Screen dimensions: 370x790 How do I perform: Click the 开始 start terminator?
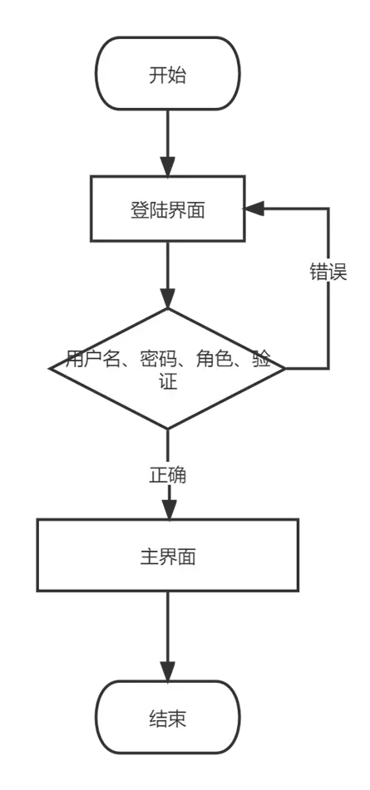168,73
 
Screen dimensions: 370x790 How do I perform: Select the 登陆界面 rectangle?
168,209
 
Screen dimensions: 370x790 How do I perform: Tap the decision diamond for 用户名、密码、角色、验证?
168,368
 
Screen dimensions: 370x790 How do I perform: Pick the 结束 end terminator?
168,718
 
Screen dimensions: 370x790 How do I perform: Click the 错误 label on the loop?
328,272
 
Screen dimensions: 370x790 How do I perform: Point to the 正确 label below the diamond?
168,475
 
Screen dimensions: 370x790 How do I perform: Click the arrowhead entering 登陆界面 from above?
168,166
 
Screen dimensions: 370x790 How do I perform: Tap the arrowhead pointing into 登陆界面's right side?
254,208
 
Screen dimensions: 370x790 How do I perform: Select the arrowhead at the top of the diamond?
168,298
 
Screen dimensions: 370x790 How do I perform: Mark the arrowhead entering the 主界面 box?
168,509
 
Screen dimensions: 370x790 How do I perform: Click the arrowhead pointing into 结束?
168,671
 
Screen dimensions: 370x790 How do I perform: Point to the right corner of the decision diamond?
286,368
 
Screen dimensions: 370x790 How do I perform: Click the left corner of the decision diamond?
49,368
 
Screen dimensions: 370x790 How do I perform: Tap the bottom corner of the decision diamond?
168,429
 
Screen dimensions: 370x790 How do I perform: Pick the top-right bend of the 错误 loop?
328,208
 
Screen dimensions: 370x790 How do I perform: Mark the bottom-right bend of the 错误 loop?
328,368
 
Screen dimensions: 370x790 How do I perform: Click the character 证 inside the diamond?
168,381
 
